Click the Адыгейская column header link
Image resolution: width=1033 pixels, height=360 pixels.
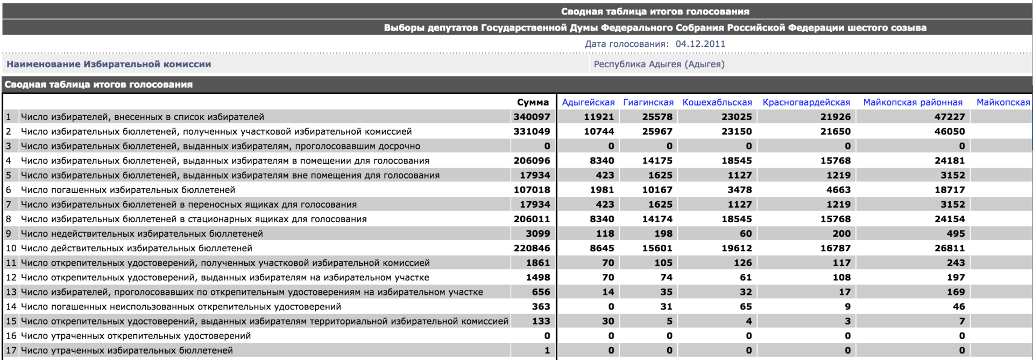[588, 102]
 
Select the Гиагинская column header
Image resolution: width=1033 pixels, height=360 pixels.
[648, 102]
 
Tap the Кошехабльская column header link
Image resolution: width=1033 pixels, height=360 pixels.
[717, 102]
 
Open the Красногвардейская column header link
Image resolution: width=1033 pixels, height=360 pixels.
[806, 102]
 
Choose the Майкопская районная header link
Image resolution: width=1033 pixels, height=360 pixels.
[912, 102]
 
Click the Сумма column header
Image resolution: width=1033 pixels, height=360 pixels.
[533, 102]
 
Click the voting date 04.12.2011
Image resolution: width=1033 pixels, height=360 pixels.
[701, 44]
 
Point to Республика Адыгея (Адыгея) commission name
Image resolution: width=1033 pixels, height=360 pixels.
[659, 64]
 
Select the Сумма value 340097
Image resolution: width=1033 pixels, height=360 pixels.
[532, 117]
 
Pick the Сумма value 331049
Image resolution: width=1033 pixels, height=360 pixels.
[532, 131]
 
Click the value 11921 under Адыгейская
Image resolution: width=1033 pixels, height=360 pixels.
[599, 117]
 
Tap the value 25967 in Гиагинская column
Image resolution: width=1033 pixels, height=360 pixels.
[657, 131]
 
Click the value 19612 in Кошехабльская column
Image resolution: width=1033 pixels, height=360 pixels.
[737, 248]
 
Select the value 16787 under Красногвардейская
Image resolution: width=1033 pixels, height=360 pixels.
[836, 248]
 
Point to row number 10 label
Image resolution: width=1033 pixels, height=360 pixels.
[11, 248]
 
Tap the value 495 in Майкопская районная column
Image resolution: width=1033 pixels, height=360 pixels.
[956, 234]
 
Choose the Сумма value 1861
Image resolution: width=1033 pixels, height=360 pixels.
[538, 263]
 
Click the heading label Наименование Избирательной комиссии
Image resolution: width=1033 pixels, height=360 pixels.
[109, 64]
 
